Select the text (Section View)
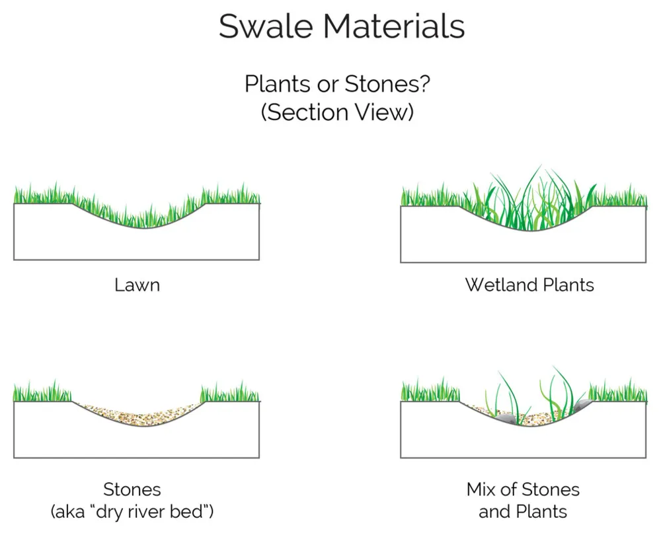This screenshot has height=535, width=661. click(337, 112)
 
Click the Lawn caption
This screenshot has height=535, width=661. click(137, 285)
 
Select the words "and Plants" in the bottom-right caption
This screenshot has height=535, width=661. click(523, 511)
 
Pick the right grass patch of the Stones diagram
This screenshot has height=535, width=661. click(230, 393)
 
